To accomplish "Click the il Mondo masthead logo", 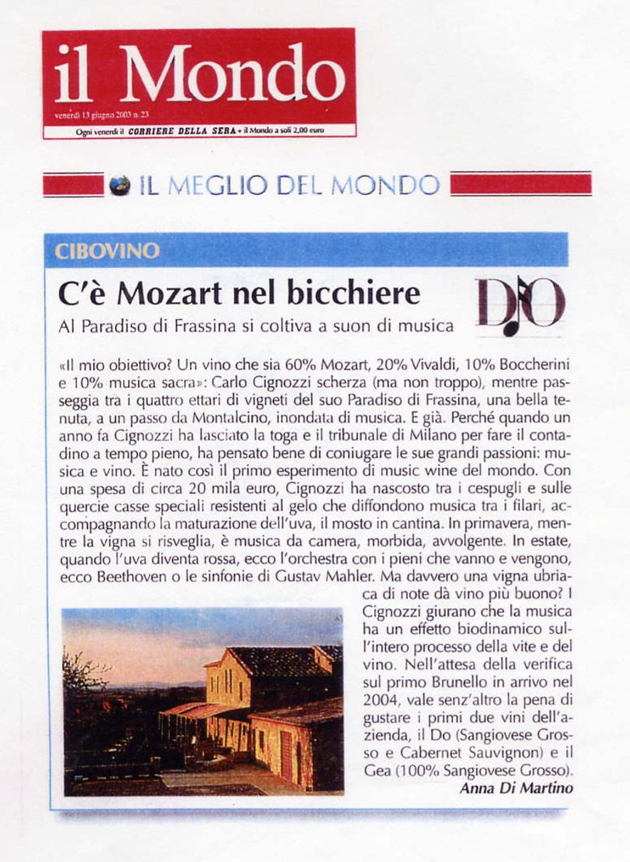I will tap(200, 73).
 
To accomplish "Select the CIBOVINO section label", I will tap(107, 252).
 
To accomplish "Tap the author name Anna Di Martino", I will tap(516, 788).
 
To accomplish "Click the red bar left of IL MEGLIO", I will tap(73, 185).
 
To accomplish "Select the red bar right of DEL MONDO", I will tap(520, 184).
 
